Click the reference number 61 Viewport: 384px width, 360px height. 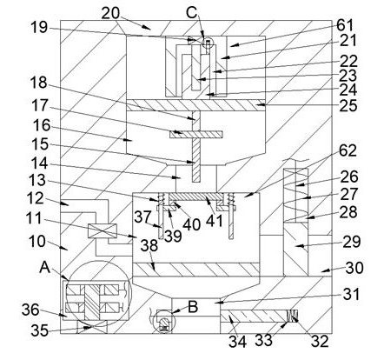click(345, 25)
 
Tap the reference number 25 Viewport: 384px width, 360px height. click(348, 106)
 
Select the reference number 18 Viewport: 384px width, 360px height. click(39, 83)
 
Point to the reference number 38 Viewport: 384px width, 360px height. click(149, 246)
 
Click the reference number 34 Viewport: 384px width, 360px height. click(237, 342)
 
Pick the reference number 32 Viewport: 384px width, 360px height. click(320, 341)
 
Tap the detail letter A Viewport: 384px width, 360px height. click(45, 267)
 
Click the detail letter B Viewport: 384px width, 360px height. click(193, 307)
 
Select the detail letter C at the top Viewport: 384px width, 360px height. click(192, 13)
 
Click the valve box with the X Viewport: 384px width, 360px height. click(103, 231)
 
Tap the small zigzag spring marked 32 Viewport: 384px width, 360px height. click(292, 316)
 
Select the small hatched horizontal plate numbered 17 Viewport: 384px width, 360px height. click(195, 135)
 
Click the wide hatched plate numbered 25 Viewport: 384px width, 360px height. click(196, 105)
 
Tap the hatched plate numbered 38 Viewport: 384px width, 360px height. click(196, 270)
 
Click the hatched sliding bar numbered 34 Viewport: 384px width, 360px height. click(253, 316)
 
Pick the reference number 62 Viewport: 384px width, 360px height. click(348, 150)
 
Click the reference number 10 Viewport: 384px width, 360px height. click(37, 241)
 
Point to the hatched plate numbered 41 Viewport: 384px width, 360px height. click(193, 197)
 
